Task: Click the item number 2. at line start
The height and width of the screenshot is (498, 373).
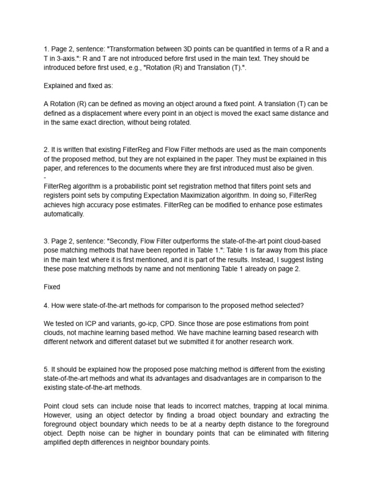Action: click(x=47, y=149)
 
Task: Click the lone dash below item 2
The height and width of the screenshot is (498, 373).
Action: click(x=45, y=178)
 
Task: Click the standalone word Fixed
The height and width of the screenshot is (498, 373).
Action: click(x=52, y=287)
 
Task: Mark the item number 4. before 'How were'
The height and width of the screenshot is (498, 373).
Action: click(x=47, y=305)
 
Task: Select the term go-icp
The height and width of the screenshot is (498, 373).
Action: click(x=146, y=324)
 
